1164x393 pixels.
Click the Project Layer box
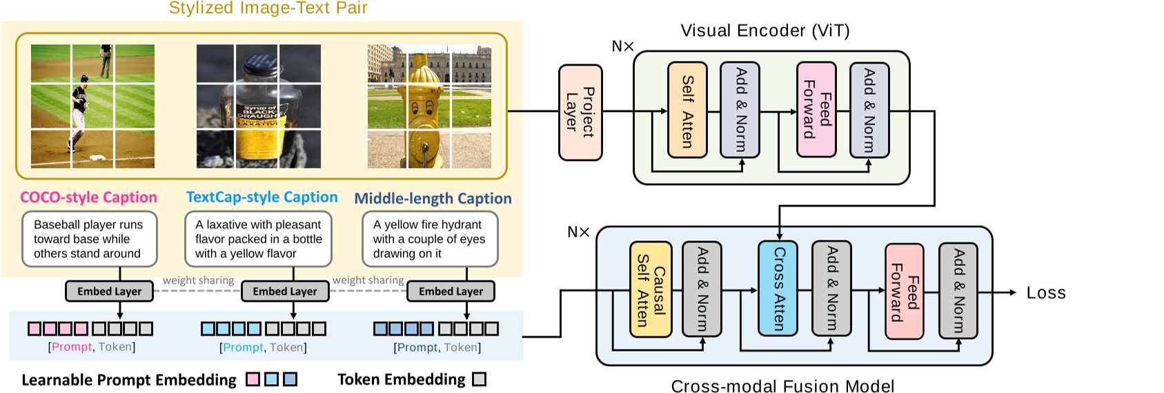pyautogui.click(x=580, y=113)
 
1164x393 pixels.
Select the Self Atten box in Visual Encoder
pyautogui.click(x=687, y=110)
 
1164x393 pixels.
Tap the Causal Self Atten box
pyautogui.click(x=650, y=289)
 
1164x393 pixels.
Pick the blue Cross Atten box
pyautogui.click(x=778, y=288)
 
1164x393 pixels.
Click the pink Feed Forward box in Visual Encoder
pyautogui.click(x=816, y=110)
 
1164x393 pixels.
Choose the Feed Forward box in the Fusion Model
pyautogui.click(x=904, y=291)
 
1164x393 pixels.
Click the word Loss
pyautogui.click(x=1045, y=293)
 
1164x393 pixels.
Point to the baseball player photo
pyautogui.click(x=92, y=106)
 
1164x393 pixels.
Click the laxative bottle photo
pyautogui.click(x=259, y=106)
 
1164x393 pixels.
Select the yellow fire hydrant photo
pyautogui.click(x=429, y=106)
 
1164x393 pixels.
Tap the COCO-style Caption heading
pyautogui.click(x=88, y=198)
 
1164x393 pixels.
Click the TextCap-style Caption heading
pyautogui.click(x=262, y=198)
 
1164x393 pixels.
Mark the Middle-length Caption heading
pyautogui.click(x=433, y=199)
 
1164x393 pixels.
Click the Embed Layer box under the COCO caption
pyautogui.click(x=109, y=291)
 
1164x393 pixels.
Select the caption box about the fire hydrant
pyautogui.click(x=430, y=239)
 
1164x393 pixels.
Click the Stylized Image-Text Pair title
pyautogui.click(x=268, y=8)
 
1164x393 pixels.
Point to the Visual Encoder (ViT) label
pyautogui.click(x=765, y=31)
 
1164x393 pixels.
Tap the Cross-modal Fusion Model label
pyautogui.click(x=782, y=385)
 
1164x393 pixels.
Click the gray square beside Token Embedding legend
pyautogui.click(x=479, y=379)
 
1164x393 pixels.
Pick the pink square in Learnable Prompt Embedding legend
pyautogui.click(x=253, y=379)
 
